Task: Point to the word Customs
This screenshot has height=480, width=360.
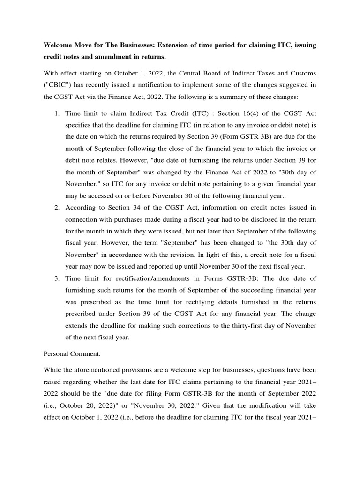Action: click(x=302, y=74)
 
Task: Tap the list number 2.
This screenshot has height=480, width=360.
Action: click(x=56, y=208)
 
